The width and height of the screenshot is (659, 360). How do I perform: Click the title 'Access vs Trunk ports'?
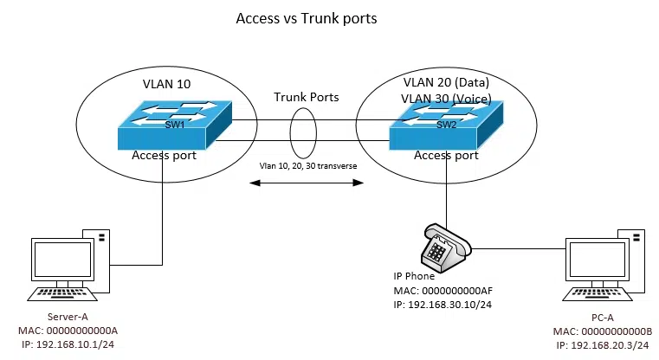306,18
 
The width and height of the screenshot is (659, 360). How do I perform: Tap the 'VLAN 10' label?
166,86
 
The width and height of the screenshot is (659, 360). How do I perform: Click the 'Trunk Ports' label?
307,97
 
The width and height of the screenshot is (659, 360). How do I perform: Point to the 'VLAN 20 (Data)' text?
444,80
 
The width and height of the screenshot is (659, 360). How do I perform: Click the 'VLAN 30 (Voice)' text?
444,98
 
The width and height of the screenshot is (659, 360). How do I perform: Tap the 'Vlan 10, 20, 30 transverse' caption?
308,164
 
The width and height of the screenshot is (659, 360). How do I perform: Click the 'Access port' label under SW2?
446,157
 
